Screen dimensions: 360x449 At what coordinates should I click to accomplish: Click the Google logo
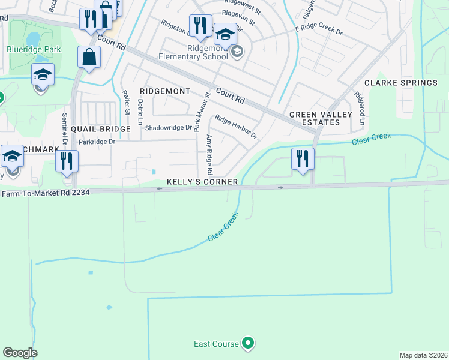coord(20,353)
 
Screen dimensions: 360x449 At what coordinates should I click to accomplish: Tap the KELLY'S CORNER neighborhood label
coord(202,181)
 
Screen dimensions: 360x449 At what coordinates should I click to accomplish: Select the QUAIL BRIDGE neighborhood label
coord(100,129)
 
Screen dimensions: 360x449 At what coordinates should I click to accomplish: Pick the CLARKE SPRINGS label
coord(401,83)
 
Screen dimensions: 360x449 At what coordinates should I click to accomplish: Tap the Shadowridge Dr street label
coord(169,127)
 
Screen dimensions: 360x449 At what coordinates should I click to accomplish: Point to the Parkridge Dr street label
coord(96,142)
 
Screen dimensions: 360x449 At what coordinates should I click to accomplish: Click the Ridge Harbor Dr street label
coord(236,127)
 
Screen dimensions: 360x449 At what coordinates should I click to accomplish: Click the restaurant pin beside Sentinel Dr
coord(67,161)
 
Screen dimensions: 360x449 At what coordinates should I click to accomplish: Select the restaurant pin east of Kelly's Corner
coord(303,158)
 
